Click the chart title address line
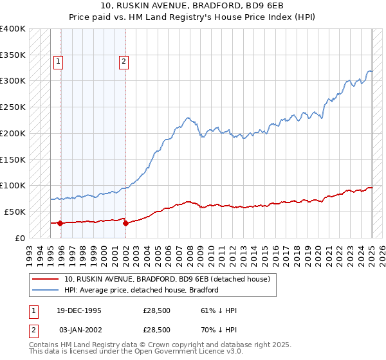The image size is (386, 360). pos(193,6)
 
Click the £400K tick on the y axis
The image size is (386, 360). pos(14,29)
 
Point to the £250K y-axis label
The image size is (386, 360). pos(14,107)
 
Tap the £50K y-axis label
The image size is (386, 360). pos(16,212)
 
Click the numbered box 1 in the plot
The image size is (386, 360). pos(58,62)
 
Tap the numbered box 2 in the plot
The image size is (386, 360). pos(123,62)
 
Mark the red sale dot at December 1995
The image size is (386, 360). pos(60,223)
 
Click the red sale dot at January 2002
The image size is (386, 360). pos(125,223)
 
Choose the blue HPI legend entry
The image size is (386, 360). pos(142,290)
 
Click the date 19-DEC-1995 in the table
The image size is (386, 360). pos(79,310)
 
